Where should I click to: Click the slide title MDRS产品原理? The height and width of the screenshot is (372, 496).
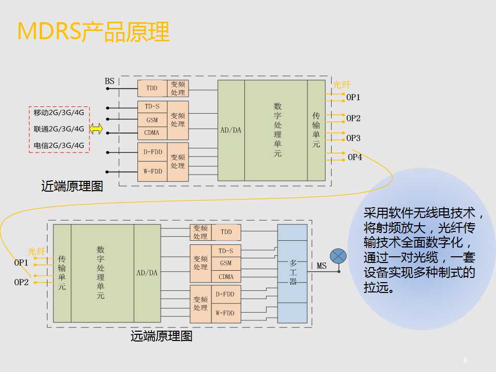click(x=93, y=32)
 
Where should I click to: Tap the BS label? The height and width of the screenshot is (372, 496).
click(x=110, y=81)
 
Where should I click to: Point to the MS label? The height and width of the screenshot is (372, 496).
click(x=321, y=266)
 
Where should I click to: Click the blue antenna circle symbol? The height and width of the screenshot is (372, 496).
click(x=338, y=256)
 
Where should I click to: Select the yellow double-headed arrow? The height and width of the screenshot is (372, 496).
click(x=96, y=129)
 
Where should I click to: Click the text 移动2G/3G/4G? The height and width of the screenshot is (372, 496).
click(x=59, y=112)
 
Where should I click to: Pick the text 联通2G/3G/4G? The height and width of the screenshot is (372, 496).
click(x=59, y=129)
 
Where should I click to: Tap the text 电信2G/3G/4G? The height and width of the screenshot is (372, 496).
click(x=59, y=145)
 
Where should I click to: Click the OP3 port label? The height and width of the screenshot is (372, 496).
click(x=353, y=138)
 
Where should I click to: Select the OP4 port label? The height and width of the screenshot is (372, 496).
click(x=355, y=157)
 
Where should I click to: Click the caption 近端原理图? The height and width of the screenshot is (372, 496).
click(x=72, y=187)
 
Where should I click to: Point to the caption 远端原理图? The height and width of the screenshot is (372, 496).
click(x=161, y=336)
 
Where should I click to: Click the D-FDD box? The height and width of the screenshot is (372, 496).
click(x=152, y=152)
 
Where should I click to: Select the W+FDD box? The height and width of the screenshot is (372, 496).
click(x=225, y=313)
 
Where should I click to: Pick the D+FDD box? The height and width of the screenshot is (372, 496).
click(x=225, y=294)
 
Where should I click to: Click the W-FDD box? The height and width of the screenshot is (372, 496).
click(x=152, y=171)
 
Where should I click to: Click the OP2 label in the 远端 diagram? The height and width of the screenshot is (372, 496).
click(x=21, y=282)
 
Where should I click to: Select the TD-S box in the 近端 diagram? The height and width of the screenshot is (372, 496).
click(x=152, y=106)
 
